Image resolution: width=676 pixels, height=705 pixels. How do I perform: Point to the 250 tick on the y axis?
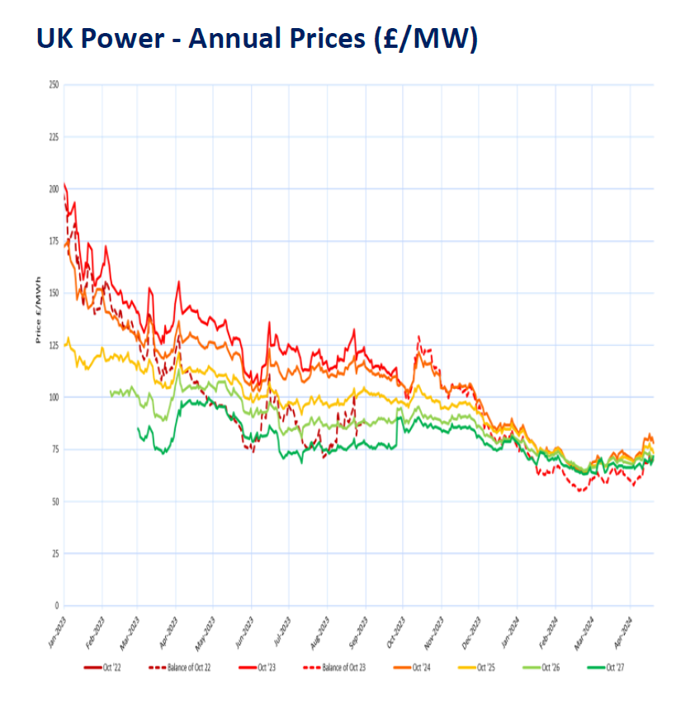click(54, 85)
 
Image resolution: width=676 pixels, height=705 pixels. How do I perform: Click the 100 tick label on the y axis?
click(54, 397)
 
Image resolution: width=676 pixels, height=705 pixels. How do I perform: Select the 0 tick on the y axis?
click(56, 605)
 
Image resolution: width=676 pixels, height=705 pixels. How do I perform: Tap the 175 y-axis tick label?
click(54, 241)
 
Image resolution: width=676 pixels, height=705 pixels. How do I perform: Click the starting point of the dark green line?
click(138, 428)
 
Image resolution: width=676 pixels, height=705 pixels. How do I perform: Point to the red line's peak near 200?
click(64, 184)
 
